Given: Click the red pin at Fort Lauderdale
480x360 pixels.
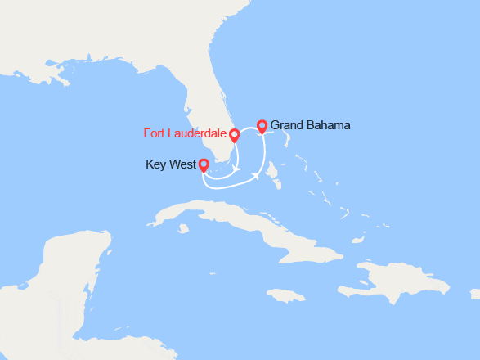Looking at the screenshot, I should pos(234,135).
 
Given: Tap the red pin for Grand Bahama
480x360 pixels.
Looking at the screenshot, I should pos(262,126).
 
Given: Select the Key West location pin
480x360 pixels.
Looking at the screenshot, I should pos(204,165).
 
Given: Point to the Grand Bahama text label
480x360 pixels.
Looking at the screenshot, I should pos(310,125).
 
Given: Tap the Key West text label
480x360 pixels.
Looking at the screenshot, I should pos(170,164).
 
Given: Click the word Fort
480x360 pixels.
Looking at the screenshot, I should pos(155,133).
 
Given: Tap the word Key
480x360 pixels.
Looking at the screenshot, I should pos(156,164).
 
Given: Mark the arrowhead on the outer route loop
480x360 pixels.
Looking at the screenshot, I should pos(257,175).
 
